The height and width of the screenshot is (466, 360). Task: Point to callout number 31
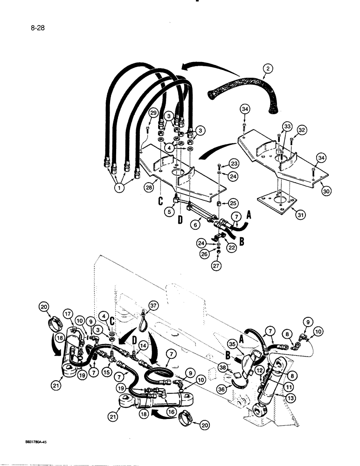click(x=294, y=214)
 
